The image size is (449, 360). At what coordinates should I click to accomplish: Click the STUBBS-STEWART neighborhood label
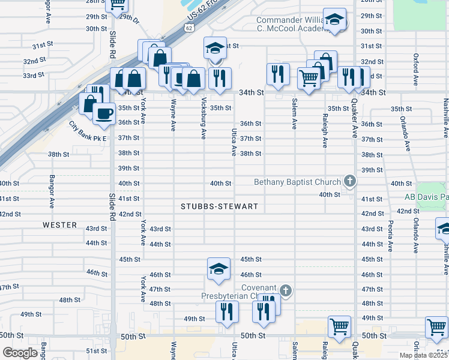[x=220, y=206]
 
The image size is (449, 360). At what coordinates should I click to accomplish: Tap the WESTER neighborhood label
[x=59, y=225]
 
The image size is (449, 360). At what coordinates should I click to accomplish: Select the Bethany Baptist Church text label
[x=297, y=181]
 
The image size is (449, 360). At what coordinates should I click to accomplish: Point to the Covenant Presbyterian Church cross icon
[x=286, y=291]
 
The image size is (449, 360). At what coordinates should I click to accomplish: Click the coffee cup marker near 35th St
[x=104, y=113]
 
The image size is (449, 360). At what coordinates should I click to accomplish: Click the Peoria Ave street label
[x=390, y=236]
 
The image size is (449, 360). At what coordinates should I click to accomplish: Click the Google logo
[x=20, y=353]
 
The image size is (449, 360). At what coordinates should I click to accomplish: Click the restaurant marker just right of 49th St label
[x=227, y=311]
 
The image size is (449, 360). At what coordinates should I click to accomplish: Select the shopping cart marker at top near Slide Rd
[x=118, y=4]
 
